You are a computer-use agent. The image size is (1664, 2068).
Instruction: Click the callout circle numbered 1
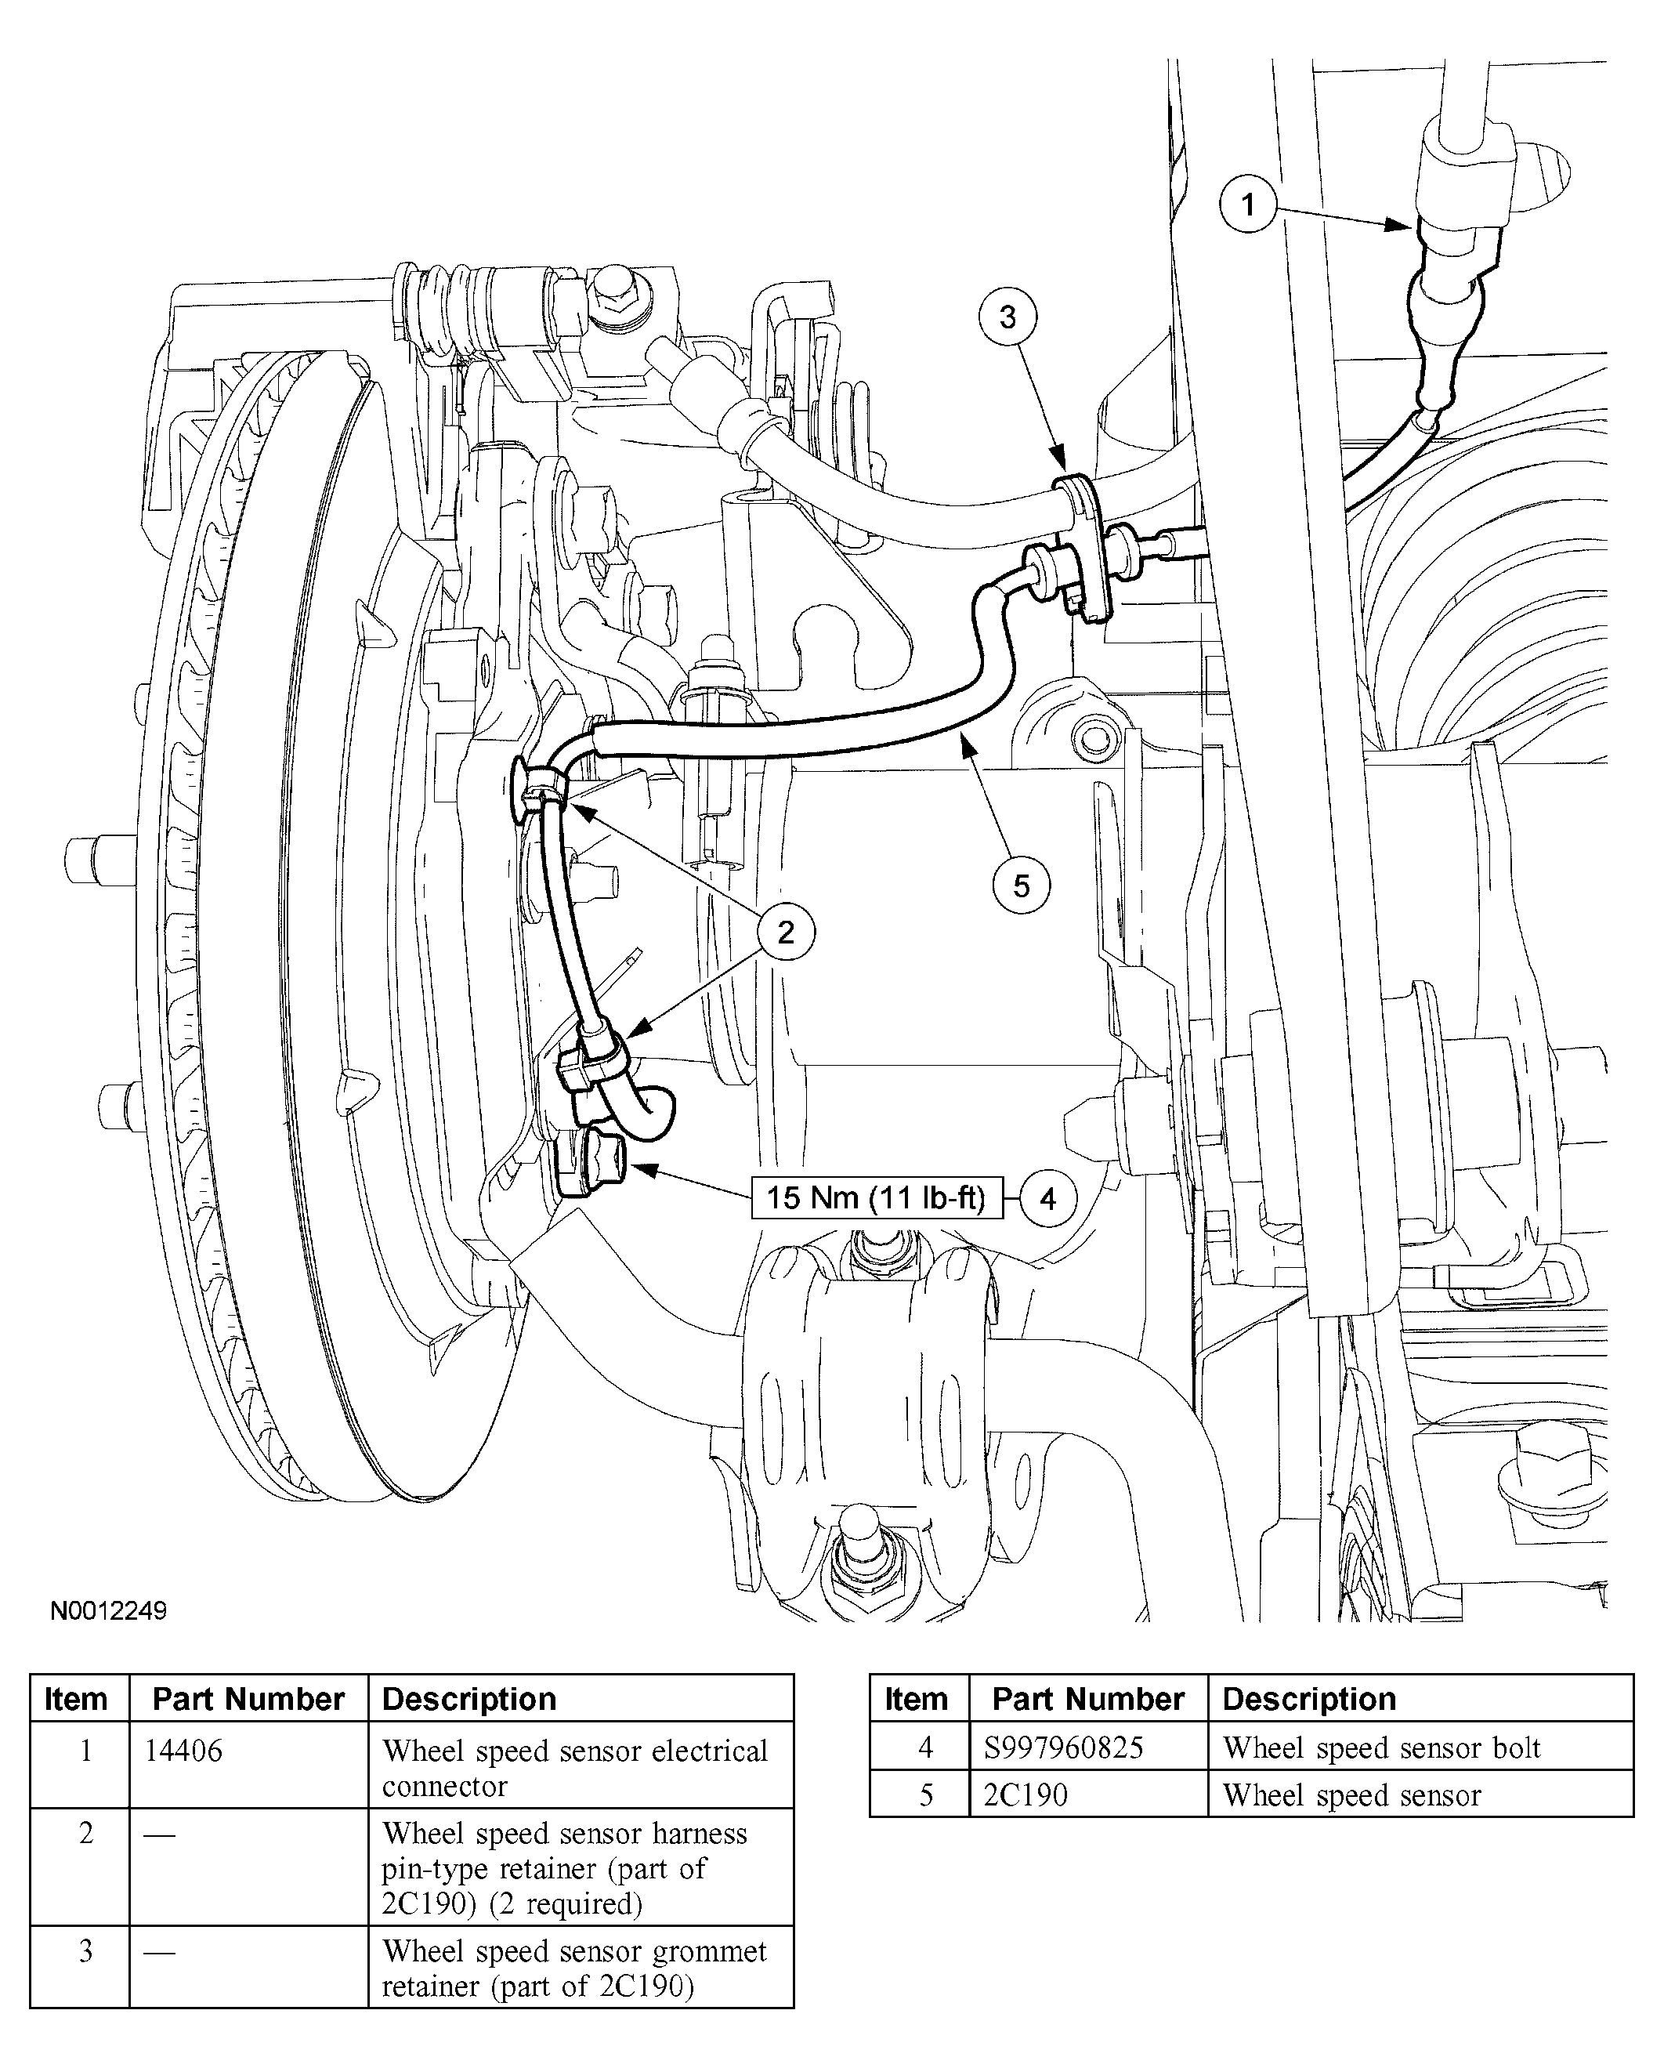click(1248, 205)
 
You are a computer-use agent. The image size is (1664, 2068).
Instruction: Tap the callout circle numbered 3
click(1007, 317)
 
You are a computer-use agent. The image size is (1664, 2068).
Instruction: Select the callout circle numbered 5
click(1022, 886)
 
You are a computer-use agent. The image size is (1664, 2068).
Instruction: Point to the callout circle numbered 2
click(787, 932)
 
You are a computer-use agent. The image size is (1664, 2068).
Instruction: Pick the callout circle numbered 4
click(1048, 1198)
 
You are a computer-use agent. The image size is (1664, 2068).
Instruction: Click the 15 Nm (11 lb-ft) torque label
click(876, 1198)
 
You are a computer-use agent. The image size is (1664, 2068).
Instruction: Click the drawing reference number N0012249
click(108, 1610)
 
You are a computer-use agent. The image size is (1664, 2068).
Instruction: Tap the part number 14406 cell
click(183, 1751)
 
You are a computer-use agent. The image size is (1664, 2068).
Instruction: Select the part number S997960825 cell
click(1064, 1747)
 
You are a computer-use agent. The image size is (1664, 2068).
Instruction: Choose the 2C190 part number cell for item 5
click(1026, 1795)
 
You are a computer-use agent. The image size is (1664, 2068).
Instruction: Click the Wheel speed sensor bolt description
click(1381, 1747)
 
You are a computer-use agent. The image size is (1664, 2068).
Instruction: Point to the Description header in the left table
click(469, 1700)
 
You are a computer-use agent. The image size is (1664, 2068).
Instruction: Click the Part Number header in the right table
click(1087, 1700)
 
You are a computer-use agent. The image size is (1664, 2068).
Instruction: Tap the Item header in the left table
click(76, 1700)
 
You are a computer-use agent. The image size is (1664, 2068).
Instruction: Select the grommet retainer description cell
click(574, 1967)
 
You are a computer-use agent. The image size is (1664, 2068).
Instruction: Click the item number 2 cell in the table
click(85, 1833)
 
